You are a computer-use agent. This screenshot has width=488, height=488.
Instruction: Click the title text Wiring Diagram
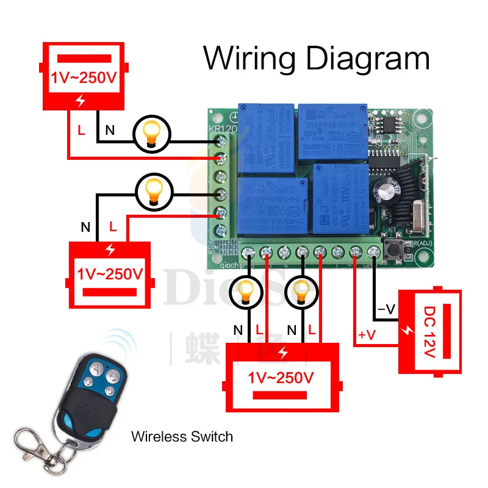click(x=317, y=59)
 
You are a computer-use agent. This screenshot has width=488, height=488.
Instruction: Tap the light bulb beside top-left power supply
click(x=151, y=132)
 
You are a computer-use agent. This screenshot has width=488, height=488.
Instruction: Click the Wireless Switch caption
click(x=182, y=437)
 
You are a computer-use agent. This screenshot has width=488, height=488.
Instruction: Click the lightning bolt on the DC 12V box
click(x=407, y=330)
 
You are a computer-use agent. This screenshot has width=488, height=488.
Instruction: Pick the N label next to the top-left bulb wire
click(x=109, y=129)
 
